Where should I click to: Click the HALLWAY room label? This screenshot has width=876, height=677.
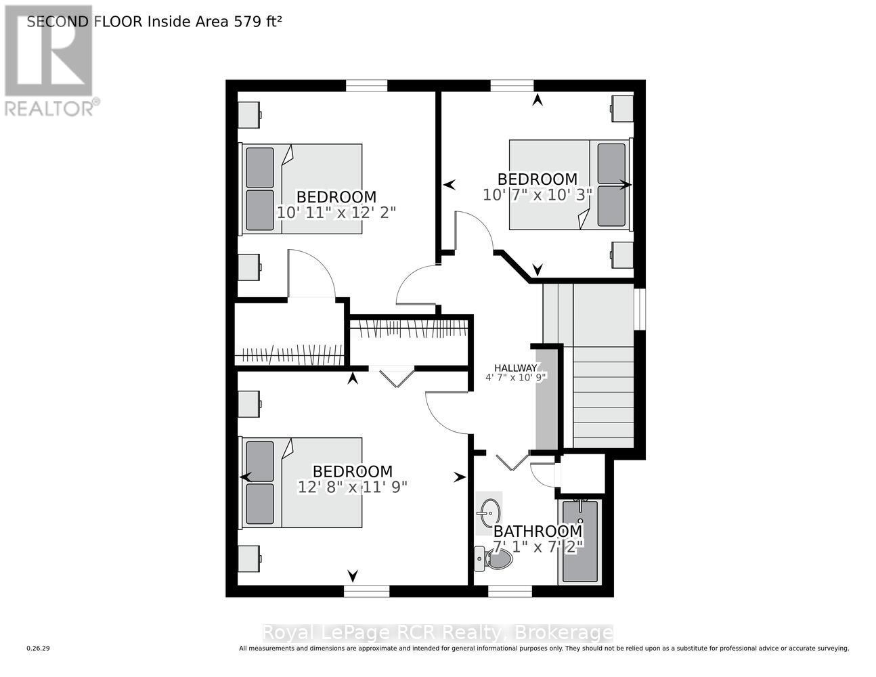pyautogui.click(x=515, y=368)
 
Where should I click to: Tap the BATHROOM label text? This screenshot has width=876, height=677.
pyautogui.click(x=537, y=531)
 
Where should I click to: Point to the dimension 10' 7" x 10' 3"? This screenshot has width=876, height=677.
pyautogui.click(x=538, y=194)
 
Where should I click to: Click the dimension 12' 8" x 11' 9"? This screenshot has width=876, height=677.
pyautogui.click(x=352, y=486)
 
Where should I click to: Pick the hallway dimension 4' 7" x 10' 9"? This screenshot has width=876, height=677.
pyautogui.click(x=515, y=378)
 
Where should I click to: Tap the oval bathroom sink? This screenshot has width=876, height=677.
pyautogui.click(x=489, y=511)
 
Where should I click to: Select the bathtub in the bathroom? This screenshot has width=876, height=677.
pyautogui.click(x=580, y=541)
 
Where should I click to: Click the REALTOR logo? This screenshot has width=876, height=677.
pyautogui.click(x=49, y=61)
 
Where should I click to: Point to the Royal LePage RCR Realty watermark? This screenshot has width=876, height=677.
pyautogui.click(x=437, y=633)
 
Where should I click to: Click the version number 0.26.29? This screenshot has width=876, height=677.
pyautogui.click(x=39, y=649)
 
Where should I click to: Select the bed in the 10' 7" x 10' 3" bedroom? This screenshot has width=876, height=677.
pyautogui.click(x=570, y=184)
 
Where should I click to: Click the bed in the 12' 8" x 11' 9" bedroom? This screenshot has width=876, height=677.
pyautogui.click(x=301, y=482)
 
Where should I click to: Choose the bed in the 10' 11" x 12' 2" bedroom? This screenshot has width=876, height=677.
pyautogui.click(x=301, y=189)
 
